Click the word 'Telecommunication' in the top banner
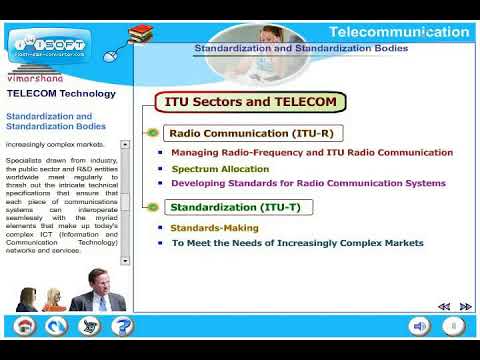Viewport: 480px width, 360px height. [x=398, y=32]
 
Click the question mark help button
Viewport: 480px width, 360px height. [x=122, y=326]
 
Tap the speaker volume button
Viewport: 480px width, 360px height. [x=420, y=326]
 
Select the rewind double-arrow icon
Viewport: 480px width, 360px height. [x=444, y=306]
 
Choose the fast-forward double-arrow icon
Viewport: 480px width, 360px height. [x=465, y=306]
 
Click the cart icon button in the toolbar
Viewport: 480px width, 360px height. [x=90, y=326]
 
